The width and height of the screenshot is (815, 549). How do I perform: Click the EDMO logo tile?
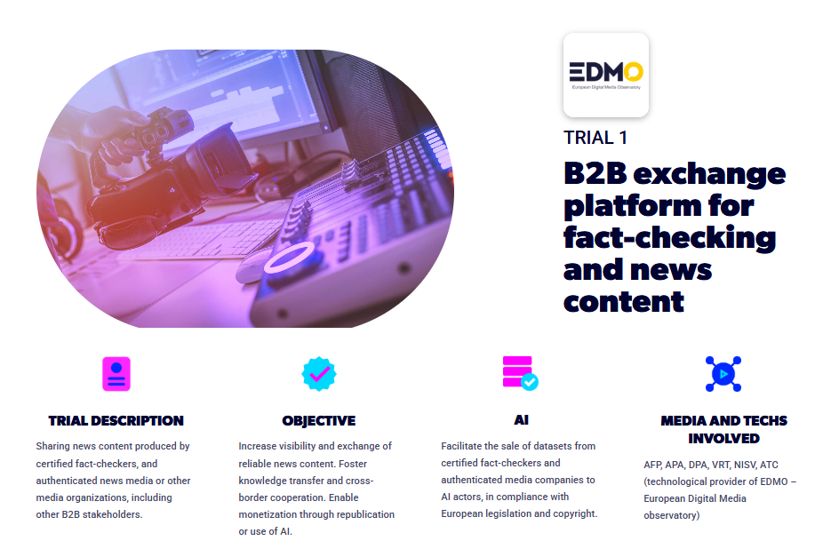606,75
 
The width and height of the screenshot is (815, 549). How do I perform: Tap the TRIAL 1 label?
595,138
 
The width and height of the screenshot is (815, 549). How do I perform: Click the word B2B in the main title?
595,173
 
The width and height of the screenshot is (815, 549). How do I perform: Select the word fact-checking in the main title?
669,238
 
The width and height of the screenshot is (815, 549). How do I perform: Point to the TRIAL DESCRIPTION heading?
116,421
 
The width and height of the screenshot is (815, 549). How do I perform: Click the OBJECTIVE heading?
318,421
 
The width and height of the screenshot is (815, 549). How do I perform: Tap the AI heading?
522,419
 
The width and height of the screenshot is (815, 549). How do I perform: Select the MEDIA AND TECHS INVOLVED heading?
724,430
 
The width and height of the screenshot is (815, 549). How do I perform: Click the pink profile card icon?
116,374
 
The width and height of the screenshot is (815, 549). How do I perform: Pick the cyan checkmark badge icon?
319,374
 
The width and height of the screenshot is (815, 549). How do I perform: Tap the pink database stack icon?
520,373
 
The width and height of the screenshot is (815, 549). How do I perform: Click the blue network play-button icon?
723,374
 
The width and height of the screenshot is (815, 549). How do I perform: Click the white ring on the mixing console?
290,257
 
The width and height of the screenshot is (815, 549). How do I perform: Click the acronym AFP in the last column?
652,465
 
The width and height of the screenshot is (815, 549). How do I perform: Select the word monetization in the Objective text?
268,514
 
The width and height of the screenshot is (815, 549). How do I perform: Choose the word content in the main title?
624,302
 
